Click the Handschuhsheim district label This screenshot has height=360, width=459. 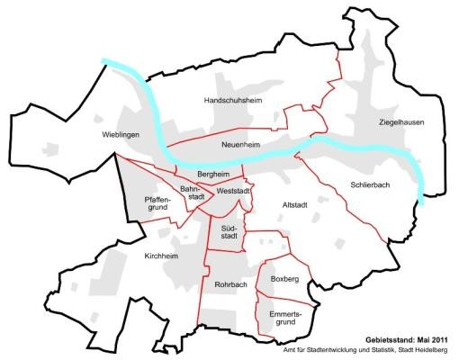233,101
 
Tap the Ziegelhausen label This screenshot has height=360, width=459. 400,121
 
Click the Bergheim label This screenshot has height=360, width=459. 215,172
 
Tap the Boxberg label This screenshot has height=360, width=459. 283,280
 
